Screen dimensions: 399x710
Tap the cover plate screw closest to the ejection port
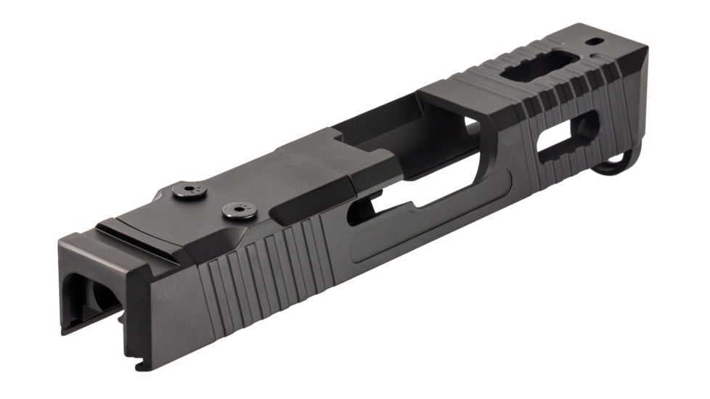[x=238, y=212]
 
